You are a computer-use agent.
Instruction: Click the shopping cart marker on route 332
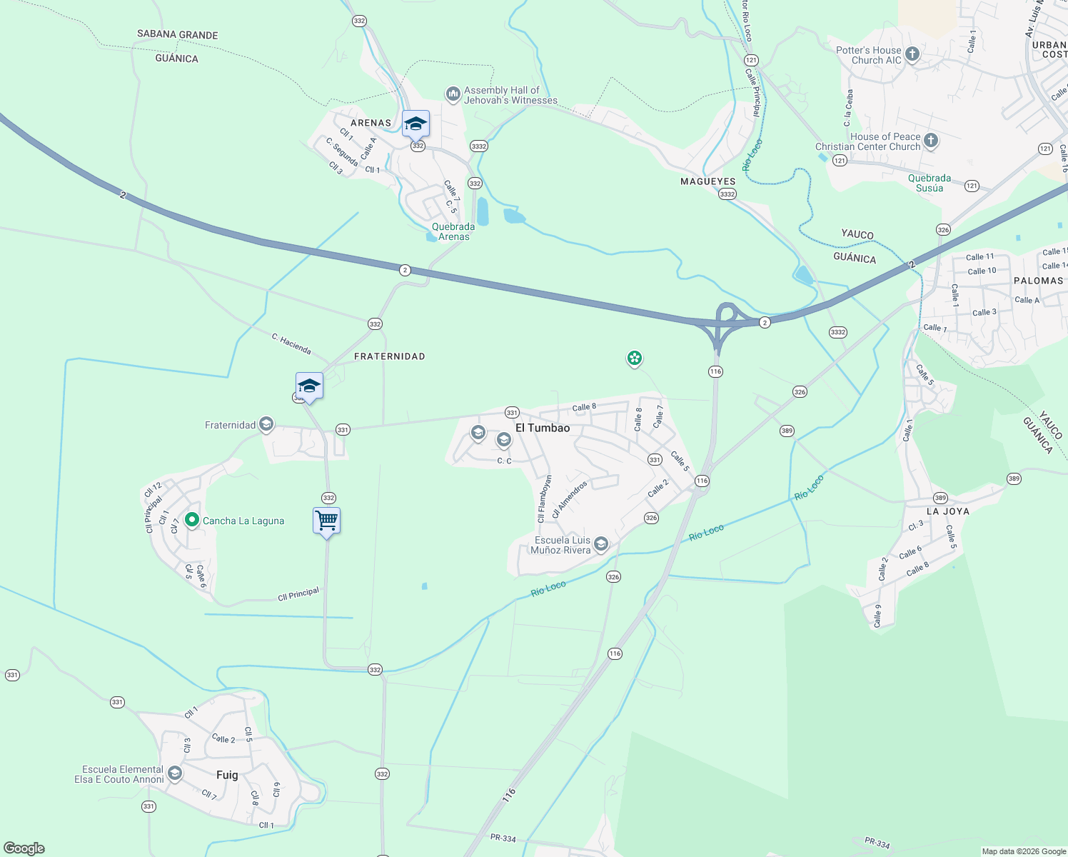point(326,521)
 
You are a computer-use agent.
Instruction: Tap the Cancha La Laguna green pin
point(191,521)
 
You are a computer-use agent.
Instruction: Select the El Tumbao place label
point(543,428)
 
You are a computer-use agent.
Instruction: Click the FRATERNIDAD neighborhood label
point(389,356)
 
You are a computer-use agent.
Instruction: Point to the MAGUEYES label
point(707,181)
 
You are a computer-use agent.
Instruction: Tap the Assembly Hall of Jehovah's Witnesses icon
point(453,94)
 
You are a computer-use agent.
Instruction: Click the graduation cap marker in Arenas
point(415,124)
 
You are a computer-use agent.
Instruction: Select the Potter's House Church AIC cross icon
point(912,54)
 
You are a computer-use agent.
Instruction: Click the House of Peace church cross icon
point(931,140)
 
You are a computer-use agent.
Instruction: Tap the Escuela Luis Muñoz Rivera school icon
point(601,545)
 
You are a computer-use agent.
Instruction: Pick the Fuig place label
point(227,775)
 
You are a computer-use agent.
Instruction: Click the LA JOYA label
point(947,511)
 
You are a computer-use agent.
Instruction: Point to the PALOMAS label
point(1038,281)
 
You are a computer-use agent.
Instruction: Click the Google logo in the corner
point(24,848)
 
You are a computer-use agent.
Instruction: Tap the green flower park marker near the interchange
point(634,358)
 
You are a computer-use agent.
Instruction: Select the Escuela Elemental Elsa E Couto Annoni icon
point(174,774)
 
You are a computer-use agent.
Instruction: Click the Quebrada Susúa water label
point(929,183)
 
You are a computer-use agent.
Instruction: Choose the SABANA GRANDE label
point(177,34)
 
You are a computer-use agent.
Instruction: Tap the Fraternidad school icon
point(266,425)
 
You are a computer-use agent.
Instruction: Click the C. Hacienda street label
point(291,344)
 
